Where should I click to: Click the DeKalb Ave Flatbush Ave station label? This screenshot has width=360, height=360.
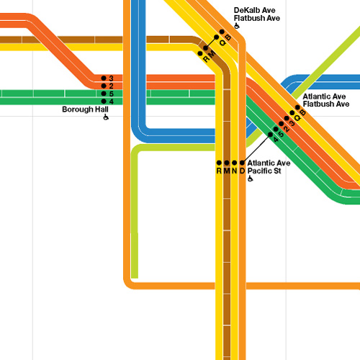point(257,14)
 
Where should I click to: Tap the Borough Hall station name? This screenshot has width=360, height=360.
point(85,109)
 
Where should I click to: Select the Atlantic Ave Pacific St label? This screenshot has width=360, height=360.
point(269,167)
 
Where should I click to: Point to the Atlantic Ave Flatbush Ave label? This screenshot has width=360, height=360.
point(326,100)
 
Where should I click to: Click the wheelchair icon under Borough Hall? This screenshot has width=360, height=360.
point(106,117)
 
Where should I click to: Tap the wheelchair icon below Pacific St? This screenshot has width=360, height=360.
point(251,179)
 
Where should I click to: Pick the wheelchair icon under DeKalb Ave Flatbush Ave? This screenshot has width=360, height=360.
point(237,26)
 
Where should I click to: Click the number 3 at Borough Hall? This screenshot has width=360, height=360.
point(111,78)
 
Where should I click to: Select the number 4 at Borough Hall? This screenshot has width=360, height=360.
point(111,102)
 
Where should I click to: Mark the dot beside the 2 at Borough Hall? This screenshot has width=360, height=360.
point(104,86)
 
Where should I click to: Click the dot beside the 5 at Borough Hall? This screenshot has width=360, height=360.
point(104,94)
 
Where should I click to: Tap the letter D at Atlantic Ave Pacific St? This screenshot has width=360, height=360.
point(242,171)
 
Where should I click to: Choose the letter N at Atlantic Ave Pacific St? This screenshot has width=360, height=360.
point(235,171)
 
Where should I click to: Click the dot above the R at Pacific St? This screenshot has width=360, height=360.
point(219,163)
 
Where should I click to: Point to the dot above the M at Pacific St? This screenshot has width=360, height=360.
point(227,163)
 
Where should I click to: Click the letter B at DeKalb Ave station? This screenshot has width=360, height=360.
point(228,37)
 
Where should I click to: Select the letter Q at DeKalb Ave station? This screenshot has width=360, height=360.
point(222,43)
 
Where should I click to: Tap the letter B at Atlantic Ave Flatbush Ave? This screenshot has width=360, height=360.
point(303,112)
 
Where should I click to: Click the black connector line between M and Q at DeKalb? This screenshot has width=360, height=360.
point(211,42)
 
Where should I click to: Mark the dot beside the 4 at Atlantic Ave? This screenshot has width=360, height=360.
point(271,135)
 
